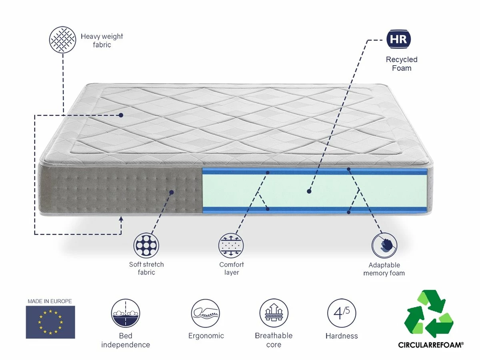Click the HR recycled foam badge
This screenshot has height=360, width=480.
(399, 39)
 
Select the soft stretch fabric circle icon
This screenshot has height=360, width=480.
(146, 244)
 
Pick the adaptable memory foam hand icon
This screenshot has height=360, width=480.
(384, 245)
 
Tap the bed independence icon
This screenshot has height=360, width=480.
(125, 313)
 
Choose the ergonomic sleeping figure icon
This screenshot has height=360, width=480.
(206, 313)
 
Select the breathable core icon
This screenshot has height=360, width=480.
(274, 313)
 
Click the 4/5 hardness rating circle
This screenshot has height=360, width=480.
(342, 313)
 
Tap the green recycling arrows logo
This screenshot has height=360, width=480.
(428, 314)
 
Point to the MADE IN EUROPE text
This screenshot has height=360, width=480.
(50, 301)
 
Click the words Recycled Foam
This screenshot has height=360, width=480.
(401, 64)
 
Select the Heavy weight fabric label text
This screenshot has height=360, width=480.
(102, 40)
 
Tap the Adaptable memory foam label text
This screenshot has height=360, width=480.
(384, 269)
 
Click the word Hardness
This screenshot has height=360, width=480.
(342, 336)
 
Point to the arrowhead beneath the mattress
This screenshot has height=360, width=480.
(121, 218)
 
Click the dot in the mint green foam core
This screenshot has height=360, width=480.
(309, 192)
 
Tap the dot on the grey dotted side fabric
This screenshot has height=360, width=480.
(172, 192)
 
